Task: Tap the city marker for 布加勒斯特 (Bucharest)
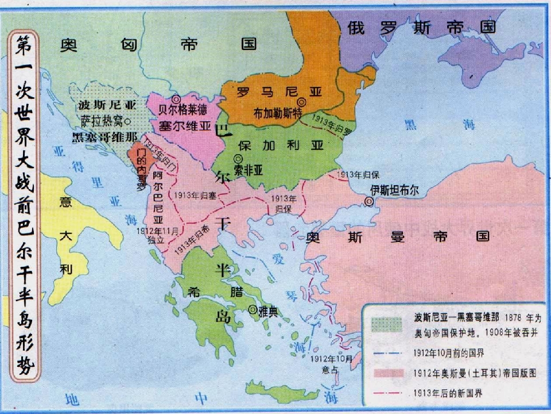[x=301, y=102]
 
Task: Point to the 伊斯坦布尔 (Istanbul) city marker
[x=369, y=202]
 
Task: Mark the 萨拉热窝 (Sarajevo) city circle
[x=127, y=121]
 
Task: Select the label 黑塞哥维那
[x=104, y=137]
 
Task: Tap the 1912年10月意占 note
[x=332, y=363]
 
